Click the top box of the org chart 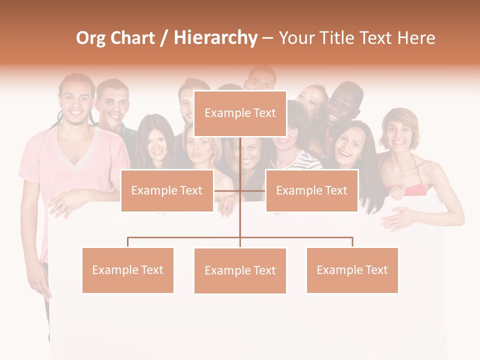click(240, 113)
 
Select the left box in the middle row click(167, 190)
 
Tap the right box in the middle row click(311, 190)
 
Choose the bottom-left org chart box click(128, 270)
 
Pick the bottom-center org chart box click(240, 270)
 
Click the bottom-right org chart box click(352, 270)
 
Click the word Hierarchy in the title click(215, 38)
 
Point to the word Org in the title click(90, 38)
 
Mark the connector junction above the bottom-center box click(240, 237)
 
